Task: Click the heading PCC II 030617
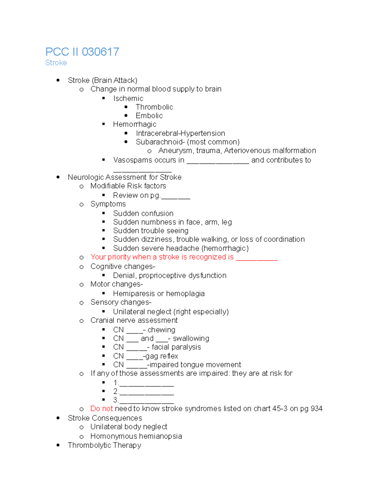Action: [82, 52]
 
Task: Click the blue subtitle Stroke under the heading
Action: [56, 63]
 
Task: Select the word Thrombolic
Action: [154, 107]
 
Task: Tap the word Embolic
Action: [149, 116]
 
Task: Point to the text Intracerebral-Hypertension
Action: [180, 133]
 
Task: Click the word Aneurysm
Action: [175, 151]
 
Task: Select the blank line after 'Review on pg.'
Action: [175, 196]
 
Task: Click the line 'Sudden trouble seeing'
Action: [150, 231]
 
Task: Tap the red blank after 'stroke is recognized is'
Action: [257, 258]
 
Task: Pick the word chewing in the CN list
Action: [161, 330]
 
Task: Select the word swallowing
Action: [191, 339]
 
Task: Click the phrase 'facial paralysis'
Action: [176, 347]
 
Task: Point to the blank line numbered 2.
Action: [146, 392]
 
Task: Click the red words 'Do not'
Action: [101, 409]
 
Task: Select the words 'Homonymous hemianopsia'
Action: [136, 436]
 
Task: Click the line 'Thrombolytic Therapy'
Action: [104, 445]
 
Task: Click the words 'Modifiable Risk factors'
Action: [128, 186]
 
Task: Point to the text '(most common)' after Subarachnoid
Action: [213, 142]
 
